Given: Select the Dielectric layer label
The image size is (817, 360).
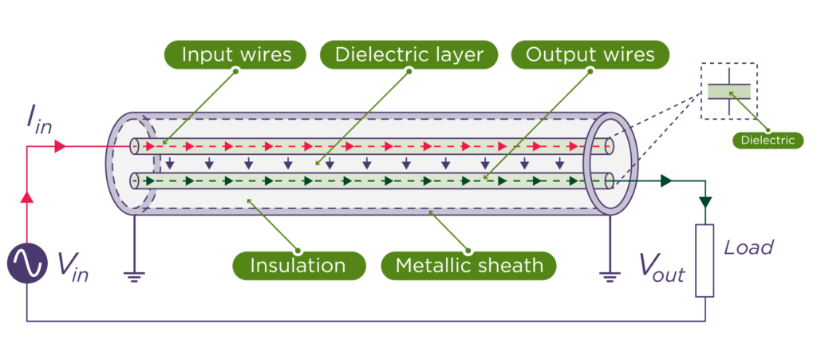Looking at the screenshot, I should pyautogui.click(x=408, y=54).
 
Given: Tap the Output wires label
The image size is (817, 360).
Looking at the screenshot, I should pyautogui.click(x=590, y=54).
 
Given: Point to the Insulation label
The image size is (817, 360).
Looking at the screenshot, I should pyautogui.click(x=298, y=265).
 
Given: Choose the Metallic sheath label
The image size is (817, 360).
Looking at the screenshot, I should pyautogui.click(x=468, y=265).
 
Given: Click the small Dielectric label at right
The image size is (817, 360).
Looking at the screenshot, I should pyautogui.click(x=768, y=140).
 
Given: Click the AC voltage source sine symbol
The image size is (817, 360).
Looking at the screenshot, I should pyautogui.click(x=27, y=263).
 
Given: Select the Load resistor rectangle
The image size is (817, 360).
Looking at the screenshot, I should pyautogui.click(x=705, y=260).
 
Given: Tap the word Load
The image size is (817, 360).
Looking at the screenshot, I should pyautogui.click(x=748, y=247).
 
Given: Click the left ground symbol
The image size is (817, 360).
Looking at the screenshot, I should pyautogui.click(x=134, y=275).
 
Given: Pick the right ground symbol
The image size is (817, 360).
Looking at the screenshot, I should pyautogui.click(x=610, y=275).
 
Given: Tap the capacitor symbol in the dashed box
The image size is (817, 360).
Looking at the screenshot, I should pyautogui.click(x=728, y=91).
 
